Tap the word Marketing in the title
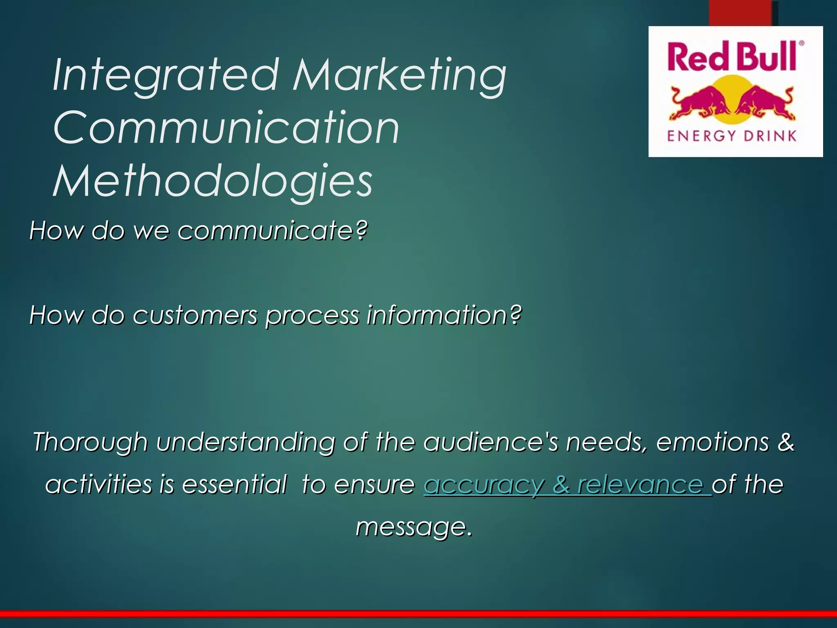coord(399,76)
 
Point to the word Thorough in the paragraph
coord(90,442)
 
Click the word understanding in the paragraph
coord(245,443)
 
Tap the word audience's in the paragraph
coord(490,442)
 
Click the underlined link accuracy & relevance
coord(567,485)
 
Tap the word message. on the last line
coord(414,527)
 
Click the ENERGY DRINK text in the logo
coord(732,136)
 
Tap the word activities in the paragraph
coord(98,484)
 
